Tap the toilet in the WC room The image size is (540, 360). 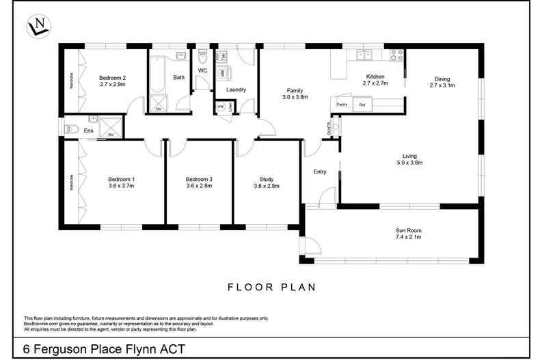tap(202, 55)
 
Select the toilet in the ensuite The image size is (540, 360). tap(70, 128)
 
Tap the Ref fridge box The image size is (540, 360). tap(362, 105)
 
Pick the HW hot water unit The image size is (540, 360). tap(220, 107)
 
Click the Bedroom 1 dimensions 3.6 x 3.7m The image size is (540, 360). tap(122, 185)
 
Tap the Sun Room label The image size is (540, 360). tap(408, 230)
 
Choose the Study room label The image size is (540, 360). tap(267, 179)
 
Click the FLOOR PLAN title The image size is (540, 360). tap(271, 288)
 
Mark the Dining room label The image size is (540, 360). tap(442, 79)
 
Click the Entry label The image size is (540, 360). tap(320, 172)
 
